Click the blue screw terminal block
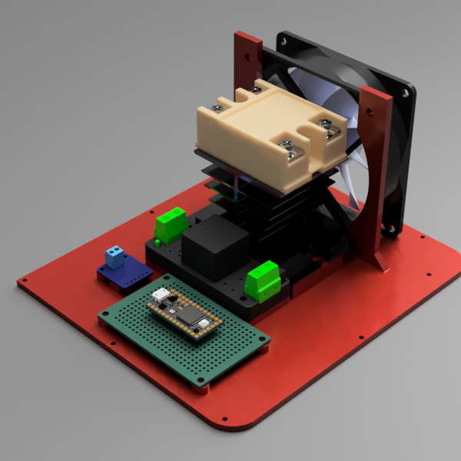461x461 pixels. [x=115, y=257]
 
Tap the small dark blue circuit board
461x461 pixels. [x=127, y=275]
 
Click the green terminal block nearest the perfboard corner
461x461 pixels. [x=262, y=280]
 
